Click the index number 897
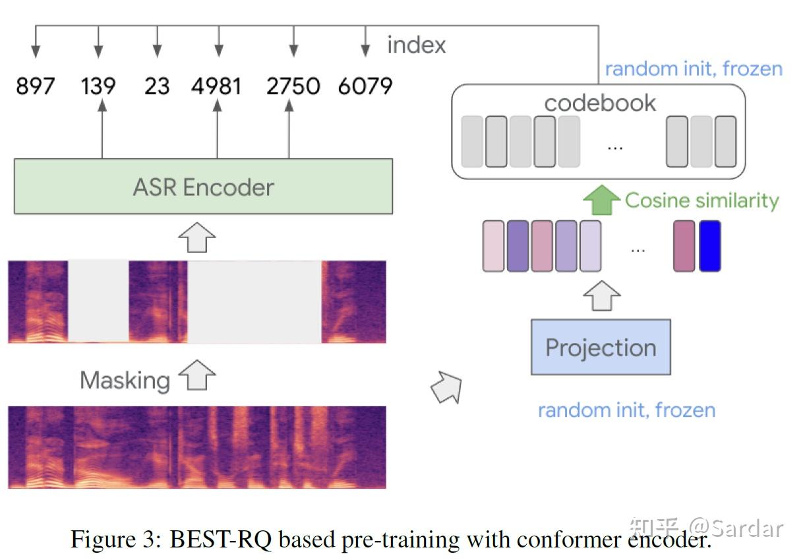tap(36, 86)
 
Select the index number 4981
tap(216, 86)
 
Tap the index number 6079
tap(365, 86)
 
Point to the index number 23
tap(156, 86)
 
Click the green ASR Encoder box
tap(203, 187)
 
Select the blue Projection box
tap(601, 348)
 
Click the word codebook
tap(600, 103)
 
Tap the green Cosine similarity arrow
tap(602, 200)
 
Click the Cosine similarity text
tap(701, 201)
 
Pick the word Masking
tap(125, 380)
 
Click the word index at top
tap(416, 45)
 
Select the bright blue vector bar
tap(709, 246)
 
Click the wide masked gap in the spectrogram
tap(254, 301)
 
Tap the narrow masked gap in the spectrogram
tap(98, 301)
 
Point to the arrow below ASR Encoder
tap(197, 236)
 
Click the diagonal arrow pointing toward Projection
tap(446, 387)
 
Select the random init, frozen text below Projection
tap(626, 410)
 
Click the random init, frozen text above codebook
tap(694, 69)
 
